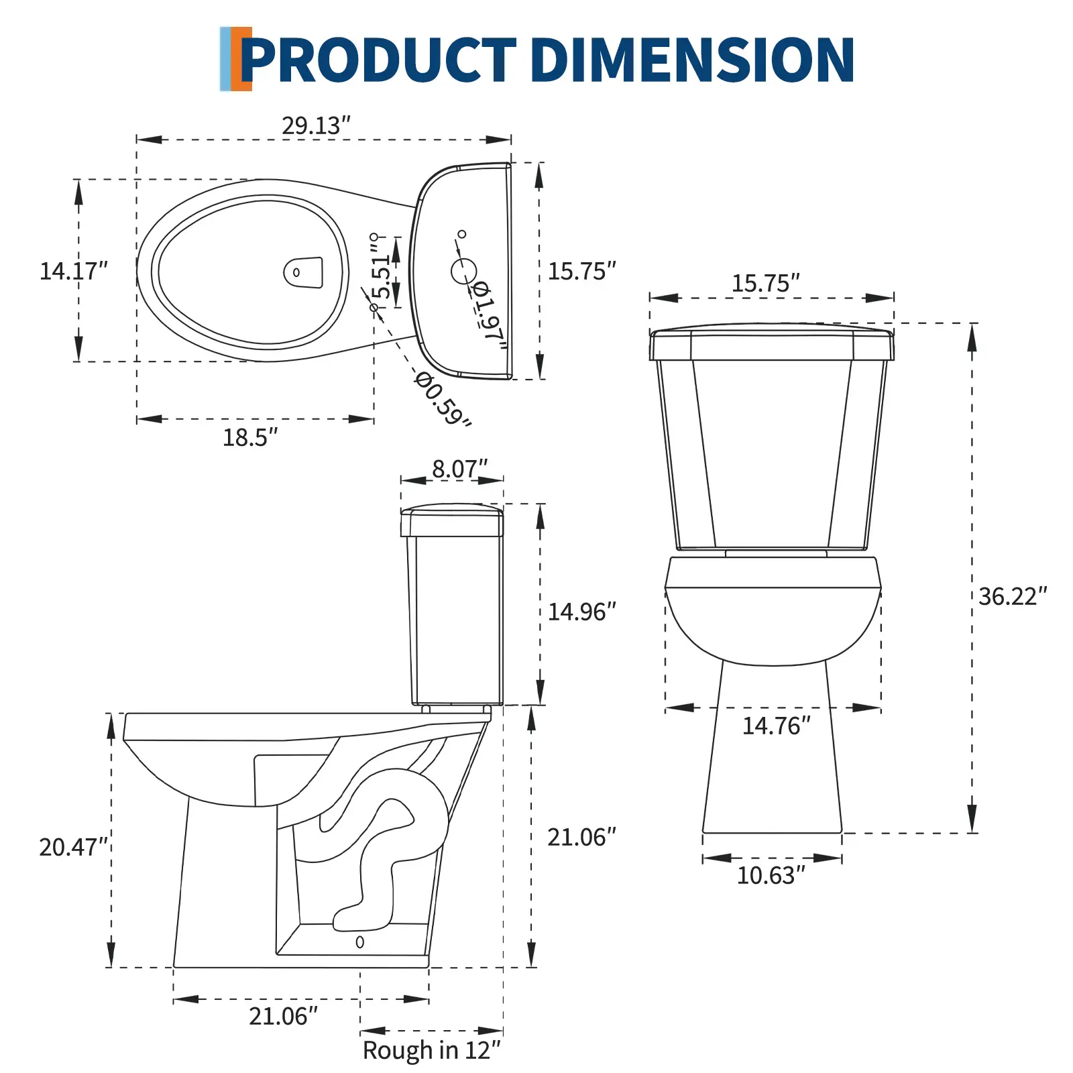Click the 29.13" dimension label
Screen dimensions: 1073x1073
(x=316, y=125)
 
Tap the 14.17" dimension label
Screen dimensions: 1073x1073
(x=74, y=271)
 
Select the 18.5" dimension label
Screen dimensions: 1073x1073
(x=250, y=437)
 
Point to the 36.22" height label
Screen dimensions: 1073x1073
(x=1013, y=596)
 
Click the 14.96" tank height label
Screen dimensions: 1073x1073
(x=582, y=612)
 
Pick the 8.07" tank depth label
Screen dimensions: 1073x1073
(x=459, y=469)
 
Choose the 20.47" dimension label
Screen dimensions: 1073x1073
(x=73, y=847)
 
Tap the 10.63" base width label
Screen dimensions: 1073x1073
(x=771, y=875)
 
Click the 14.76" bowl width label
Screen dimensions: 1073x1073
(x=777, y=726)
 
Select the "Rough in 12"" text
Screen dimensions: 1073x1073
(x=432, y=1050)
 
